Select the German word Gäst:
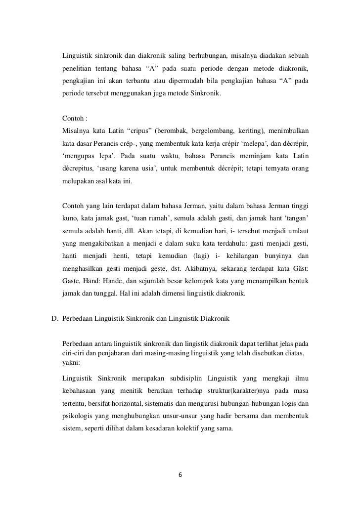[298, 269]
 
